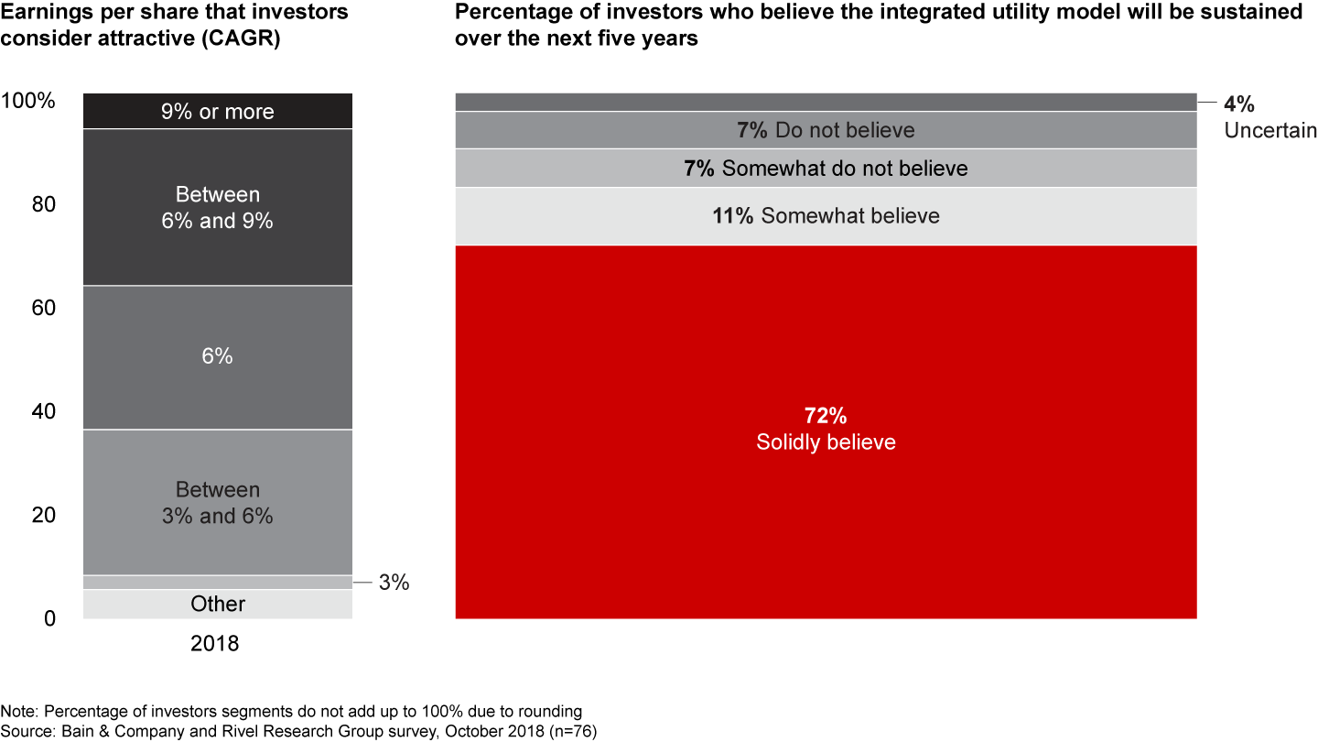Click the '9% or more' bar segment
pos(218,111)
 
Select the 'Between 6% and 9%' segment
pos(218,208)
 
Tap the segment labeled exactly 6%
pos(218,356)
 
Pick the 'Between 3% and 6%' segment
pos(218,502)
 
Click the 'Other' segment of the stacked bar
pos(218,604)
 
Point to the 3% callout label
pos(394,582)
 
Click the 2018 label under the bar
pos(214,644)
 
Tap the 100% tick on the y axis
pos(29,101)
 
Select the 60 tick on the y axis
pos(44,308)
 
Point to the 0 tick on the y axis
pos(50,619)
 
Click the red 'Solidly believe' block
pos(826,513)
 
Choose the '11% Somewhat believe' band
pos(826,216)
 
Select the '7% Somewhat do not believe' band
pos(826,169)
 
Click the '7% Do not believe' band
pos(826,130)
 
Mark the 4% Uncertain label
pos(1269,117)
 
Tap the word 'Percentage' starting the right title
pos(509,13)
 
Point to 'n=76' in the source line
pos(575,730)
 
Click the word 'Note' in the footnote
pos(18,712)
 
